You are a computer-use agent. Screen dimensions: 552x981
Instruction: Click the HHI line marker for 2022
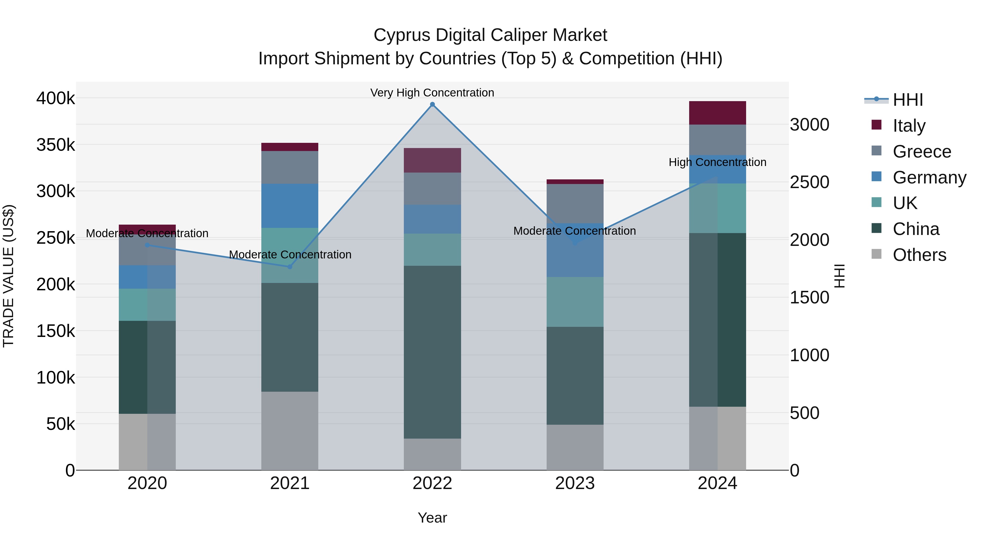coord(432,104)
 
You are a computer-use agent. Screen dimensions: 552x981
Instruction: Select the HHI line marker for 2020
coord(147,245)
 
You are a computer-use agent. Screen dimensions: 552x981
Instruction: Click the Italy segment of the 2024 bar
coord(717,113)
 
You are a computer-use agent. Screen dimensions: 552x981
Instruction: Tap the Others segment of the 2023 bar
coord(575,447)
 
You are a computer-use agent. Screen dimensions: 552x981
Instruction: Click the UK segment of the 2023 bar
coord(575,302)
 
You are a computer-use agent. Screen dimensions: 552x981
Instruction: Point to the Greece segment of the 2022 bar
coord(432,189)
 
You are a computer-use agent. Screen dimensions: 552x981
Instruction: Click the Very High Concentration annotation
coord(432,93)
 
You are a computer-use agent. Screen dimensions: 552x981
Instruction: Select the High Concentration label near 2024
coord(717,162)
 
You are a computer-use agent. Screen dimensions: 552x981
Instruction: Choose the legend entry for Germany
coord(929,177)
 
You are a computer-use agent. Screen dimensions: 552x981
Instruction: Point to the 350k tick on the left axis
coord(56,145)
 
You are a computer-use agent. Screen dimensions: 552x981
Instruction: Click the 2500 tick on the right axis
coord(809,182)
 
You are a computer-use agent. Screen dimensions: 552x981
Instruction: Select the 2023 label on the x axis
coord(575,483)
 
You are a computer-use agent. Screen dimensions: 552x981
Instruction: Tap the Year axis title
coord(432,518)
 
